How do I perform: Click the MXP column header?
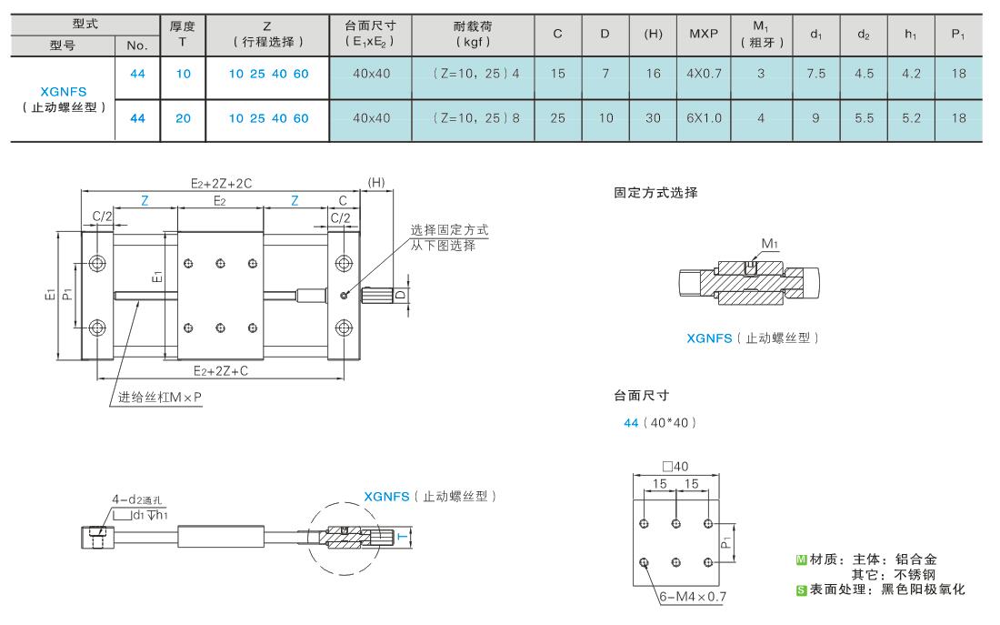(x=704, y=34)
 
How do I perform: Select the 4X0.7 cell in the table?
(x=704, y=74)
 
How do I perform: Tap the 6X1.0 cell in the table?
(x=704, y=118)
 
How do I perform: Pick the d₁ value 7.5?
(x=815, y=74)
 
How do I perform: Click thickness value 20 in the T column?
(x=183, y=118)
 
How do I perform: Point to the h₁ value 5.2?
(x=911, y=118)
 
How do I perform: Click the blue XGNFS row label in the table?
(x=63, y=91)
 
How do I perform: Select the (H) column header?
(x=653, y=34)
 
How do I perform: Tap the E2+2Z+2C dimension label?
(x=221, y=183)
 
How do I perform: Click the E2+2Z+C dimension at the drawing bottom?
(x=221, y=371)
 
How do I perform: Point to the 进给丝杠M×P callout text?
(x=159, y=397)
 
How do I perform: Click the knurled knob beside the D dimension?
(x=376, y=295)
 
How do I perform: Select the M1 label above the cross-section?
(x=770, y=243)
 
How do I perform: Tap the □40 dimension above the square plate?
(x=675, y=466)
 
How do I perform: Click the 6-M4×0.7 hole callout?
(x=693, y=597)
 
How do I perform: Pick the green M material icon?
(x=802, y=559)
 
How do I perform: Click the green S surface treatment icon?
(x=802, y=590)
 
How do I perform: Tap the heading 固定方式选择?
(x=655, y=193)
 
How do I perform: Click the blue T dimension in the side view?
(x=403, y=537)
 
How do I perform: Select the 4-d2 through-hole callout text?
(x=140, y=499)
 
